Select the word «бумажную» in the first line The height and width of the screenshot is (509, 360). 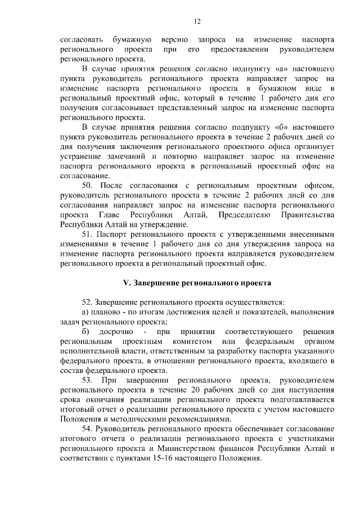tap(131, 40)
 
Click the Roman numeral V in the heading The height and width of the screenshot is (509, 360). tap(127, 282)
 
